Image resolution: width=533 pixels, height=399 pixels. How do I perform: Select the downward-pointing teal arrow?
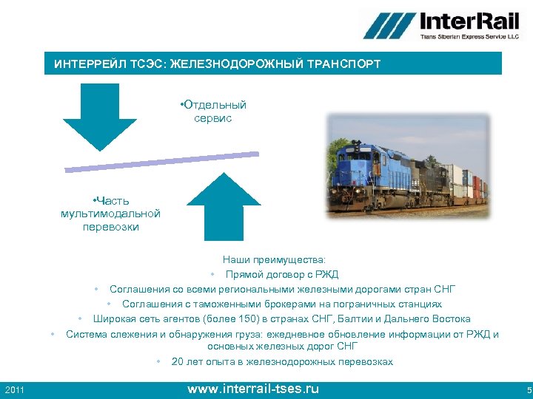100,118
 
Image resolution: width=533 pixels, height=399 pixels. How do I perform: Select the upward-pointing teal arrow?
224,207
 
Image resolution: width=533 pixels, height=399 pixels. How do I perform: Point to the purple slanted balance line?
161,162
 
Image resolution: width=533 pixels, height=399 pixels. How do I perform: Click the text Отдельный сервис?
213,112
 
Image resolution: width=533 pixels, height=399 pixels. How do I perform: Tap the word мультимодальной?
111,214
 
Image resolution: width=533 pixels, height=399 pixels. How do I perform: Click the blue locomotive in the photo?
378,170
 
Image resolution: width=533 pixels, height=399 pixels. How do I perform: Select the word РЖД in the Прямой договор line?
326,274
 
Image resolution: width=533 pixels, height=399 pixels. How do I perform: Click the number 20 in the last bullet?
178,362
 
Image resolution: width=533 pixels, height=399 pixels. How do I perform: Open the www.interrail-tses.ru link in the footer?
253,389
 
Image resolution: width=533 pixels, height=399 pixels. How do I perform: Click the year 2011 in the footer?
15,389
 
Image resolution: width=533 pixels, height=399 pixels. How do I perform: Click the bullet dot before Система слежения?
53,334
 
